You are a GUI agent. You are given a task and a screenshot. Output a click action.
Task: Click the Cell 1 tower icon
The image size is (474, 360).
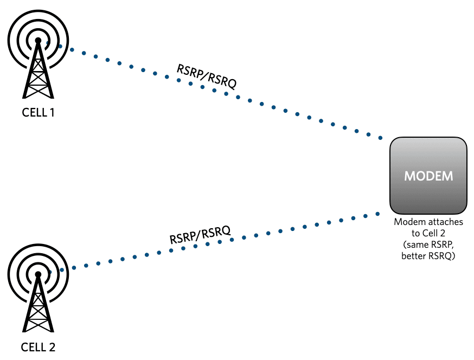(x=38, y=60)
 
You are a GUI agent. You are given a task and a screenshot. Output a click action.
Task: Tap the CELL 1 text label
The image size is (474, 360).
(x=38, y=113)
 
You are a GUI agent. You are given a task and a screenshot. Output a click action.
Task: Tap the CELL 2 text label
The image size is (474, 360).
(x=38, y=347)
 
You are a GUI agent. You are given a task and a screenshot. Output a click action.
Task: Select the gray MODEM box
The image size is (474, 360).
(x=428, y=175)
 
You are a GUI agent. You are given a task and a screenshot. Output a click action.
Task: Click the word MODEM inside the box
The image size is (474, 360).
(x=428, y=177)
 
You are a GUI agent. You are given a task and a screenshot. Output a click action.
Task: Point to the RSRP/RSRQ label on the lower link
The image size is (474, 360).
(x=200, y=235)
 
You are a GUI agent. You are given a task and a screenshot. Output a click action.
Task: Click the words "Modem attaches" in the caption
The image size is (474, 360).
(x=428, y=222)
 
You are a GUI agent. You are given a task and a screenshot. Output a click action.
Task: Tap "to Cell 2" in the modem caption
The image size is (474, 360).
(x=428, y=234)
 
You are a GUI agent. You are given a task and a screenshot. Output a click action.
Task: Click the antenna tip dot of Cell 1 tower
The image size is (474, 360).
(x=38, y=41)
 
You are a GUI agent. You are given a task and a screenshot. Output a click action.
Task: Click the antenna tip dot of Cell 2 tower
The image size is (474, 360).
(x=38, y=274)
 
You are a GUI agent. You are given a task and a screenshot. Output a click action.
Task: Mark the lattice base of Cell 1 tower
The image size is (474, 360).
(x=38, y=87)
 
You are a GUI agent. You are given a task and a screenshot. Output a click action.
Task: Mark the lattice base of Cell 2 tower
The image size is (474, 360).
(x=38, y=321)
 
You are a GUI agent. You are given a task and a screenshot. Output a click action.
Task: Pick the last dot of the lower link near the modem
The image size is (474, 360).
(x=378, y=214)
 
